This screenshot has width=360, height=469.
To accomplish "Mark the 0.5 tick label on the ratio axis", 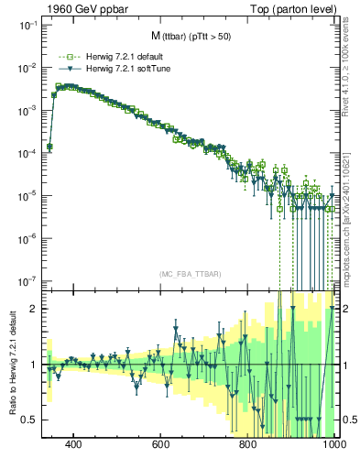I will coord(30,420).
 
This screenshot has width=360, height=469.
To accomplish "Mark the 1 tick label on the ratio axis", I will coord(35,365).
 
